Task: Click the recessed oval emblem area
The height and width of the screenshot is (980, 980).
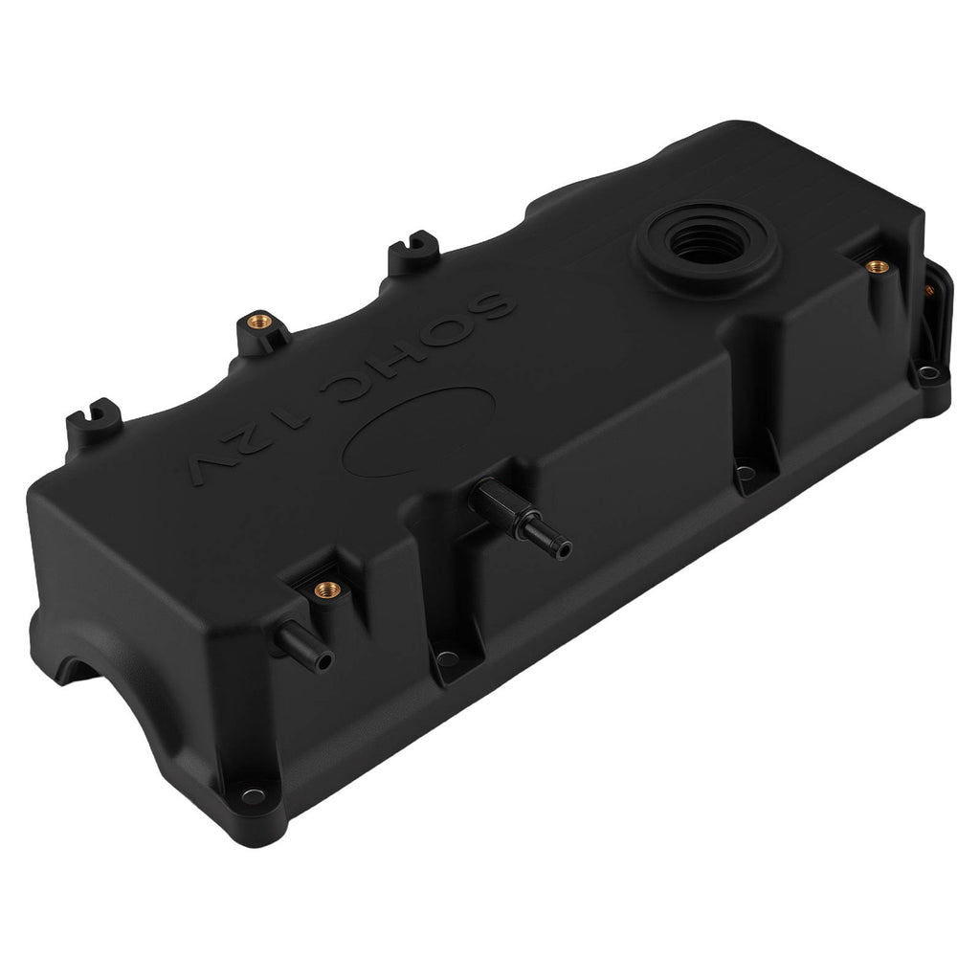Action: (x=419, y=431)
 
